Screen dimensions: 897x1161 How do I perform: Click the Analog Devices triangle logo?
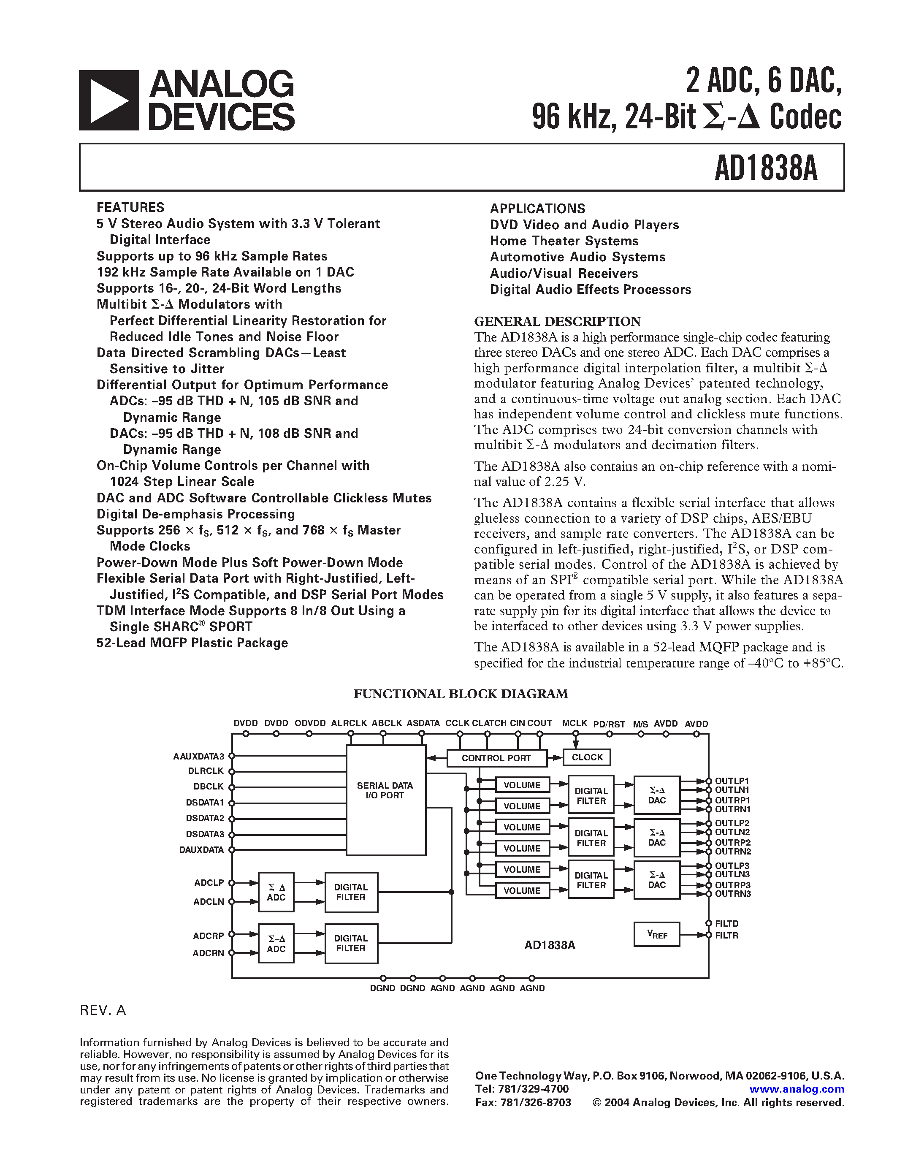coord(109,100)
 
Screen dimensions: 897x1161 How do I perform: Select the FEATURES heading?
coord(130,207)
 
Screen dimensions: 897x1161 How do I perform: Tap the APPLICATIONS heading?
coord(537,209)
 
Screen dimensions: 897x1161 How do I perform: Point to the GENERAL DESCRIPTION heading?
coord(557,321)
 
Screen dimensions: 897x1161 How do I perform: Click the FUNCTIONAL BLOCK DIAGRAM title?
coord(461,694)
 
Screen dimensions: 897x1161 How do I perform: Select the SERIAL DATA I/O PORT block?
coord(385,790)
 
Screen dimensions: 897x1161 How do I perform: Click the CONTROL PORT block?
coord(496,758)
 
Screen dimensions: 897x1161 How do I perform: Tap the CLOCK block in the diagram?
coord(587,757)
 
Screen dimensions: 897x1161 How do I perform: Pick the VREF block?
coord(657,935)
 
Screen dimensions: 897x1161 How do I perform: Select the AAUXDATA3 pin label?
coord(199,756)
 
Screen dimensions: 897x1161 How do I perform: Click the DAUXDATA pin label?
coord(201,849)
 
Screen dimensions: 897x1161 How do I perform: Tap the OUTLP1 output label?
coord(732,781)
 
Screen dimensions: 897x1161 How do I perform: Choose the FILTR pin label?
coord(726,935)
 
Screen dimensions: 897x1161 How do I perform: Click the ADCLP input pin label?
coord(209,882)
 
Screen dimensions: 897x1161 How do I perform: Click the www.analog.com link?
coord(797,1089)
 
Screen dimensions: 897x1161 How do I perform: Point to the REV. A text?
coord(103,1010)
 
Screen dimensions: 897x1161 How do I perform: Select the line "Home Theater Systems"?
coord(564,241)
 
